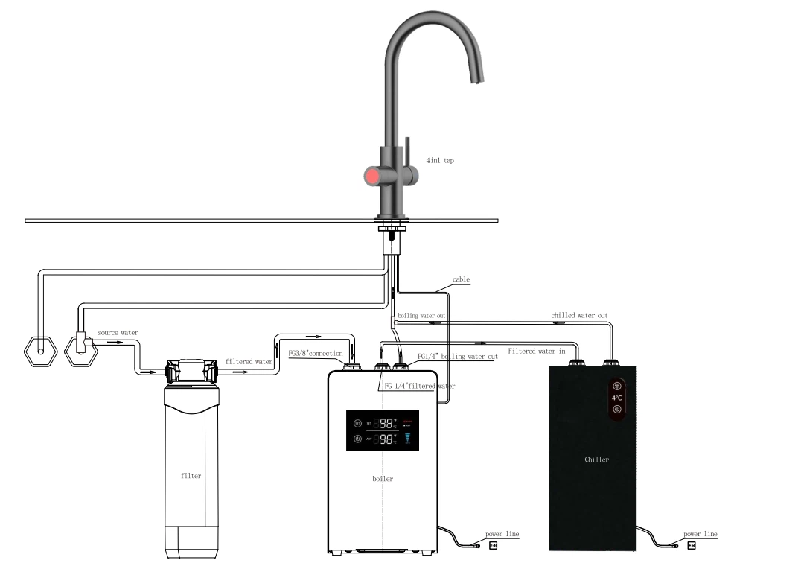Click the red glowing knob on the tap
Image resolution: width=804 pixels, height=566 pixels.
pos(371,177)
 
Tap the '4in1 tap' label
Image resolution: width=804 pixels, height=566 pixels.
pos(440,160)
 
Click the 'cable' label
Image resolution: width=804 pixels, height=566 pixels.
pos(461,280)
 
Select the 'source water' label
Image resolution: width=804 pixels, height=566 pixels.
pos(118,332)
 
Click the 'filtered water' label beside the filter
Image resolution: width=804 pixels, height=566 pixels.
pos(249,362)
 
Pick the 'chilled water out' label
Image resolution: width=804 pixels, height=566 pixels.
pos(579,315)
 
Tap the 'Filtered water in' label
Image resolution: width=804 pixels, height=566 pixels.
pos(536,350)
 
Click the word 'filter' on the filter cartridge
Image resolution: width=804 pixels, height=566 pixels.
pos(191,475)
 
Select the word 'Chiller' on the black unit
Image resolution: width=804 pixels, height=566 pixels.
pos(596,460)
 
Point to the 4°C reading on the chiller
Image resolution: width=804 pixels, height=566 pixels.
pos(617,398)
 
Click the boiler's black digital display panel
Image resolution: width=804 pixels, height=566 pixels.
pos(382,430)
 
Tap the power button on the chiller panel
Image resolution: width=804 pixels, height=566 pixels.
pos(617,409)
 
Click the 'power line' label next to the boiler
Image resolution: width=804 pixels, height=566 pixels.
pos(502,534)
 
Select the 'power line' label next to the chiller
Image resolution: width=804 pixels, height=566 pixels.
pos(700,534)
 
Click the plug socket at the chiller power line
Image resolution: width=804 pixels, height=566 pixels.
pos(692,546)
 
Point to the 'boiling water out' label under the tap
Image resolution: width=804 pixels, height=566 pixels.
pos(421,316)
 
